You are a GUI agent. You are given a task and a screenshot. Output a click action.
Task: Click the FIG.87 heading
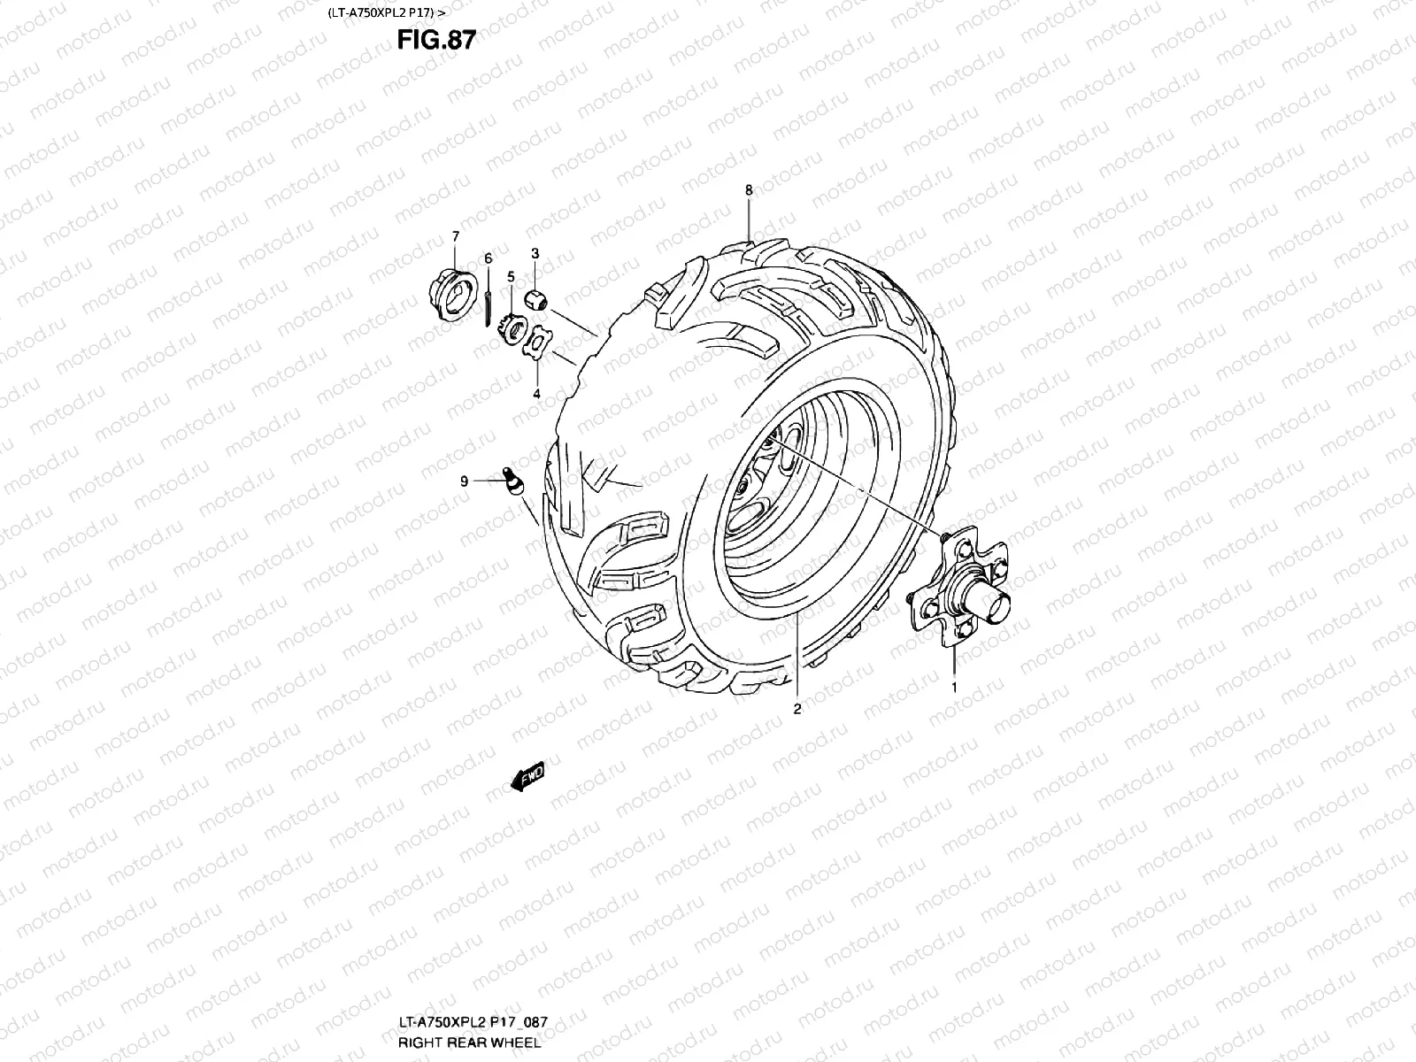point(436,41)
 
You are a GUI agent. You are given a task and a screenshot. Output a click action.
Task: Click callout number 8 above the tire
point(749,190)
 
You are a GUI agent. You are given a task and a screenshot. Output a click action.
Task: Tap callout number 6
point(488,258)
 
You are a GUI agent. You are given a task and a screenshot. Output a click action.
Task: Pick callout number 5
point(511,277)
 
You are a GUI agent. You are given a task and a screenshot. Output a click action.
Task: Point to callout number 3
point(535,254)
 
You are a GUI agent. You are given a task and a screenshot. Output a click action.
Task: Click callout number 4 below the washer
point(536,393)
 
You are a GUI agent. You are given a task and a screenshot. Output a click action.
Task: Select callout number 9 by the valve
point(464,481)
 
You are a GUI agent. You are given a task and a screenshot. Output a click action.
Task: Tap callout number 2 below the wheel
point(796,709)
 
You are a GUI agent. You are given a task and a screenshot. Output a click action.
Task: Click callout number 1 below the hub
point(954,686)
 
